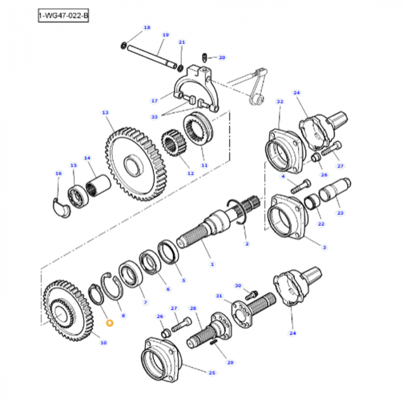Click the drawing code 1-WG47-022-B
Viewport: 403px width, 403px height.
pyautogui.click(x=63, y=16)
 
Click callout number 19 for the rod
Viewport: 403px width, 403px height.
pyautogui.click(x=165, y=35)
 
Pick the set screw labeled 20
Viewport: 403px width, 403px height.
pyautogui.click(x=206, y=57)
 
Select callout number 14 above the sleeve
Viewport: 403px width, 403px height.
pyautogui.click(x=87, y=158)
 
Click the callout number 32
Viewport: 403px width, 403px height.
pyautogui.click(x=280, y=102)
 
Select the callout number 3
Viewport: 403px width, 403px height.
pyautogui.click(x=324, y=247)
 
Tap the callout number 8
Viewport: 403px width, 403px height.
pyautogui.click(x=123, y=316)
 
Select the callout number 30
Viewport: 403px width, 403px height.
pyautogui.click(x=238, y=286)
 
